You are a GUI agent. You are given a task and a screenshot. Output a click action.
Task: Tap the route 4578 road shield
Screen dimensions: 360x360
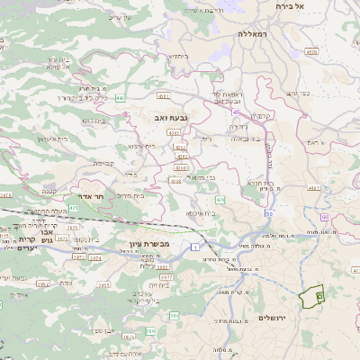(311, 52)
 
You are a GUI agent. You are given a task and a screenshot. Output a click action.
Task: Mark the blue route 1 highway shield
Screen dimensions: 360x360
(193, 245)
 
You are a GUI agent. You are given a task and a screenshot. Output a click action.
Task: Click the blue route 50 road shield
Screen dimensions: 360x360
(269, 214)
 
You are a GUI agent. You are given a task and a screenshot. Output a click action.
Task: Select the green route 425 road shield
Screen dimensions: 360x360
(73, 208)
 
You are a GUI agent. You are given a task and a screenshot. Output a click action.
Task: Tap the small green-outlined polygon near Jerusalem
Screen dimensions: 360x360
(313, 297)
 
